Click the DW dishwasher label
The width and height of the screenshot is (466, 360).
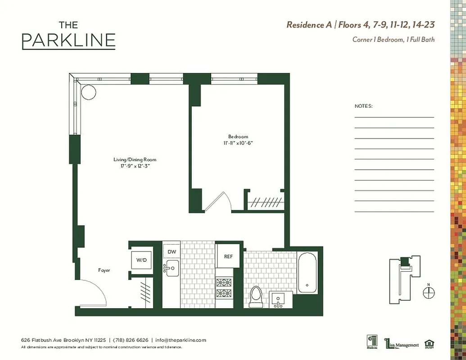pyautogui.click(x=171, y=252)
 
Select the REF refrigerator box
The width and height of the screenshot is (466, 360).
pyautogui.click(x=228, y=256)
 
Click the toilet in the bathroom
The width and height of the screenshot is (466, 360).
pyautogui.click(x=255, y=297)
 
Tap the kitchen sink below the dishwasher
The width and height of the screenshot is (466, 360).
pyautogui.click(x=172, y=268)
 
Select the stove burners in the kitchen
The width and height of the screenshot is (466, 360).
pyautogui.click(x=224, y=288)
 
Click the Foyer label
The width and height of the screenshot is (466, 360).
pyautogui.click(x=104, y=270)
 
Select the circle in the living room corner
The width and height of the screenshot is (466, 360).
pyautogui.click(x=88, y=92)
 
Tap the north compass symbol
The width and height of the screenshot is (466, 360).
pyautogui.click(x=429, y=292)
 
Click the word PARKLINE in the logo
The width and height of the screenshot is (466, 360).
pyautogui.click(x=68, y=40)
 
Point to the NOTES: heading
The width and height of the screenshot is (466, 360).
pyautogui.click(x=363, y=106)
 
